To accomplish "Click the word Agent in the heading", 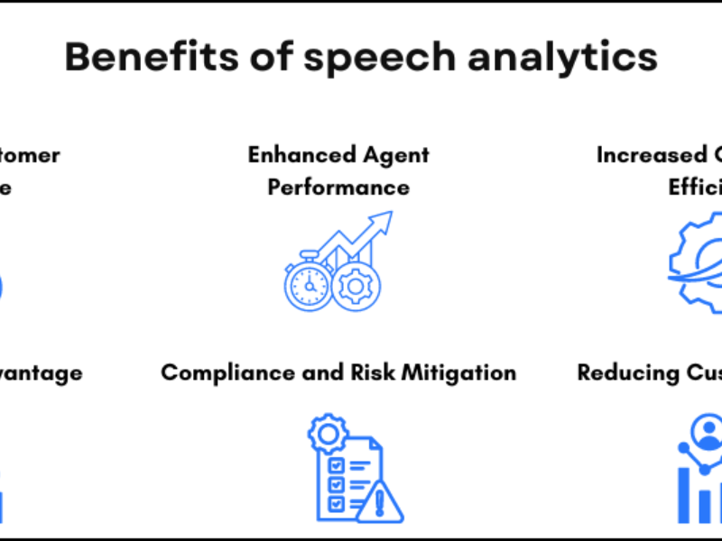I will tap(393, 154).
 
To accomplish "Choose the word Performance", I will tap(338, 188).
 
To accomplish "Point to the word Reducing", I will tap(627, 372).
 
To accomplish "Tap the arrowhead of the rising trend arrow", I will tap(384, 219).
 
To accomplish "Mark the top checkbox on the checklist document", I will tap(336, 466).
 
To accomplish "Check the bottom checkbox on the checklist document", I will tap(336, 501).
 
